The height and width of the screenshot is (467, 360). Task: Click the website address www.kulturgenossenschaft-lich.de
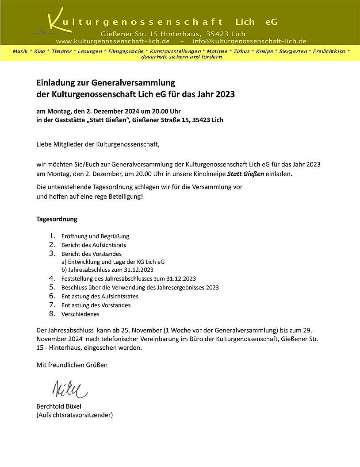[x=113, y=41]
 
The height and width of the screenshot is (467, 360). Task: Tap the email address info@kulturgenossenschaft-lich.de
[x=249, y=41]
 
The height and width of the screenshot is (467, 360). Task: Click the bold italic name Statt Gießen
[x=245, y=174]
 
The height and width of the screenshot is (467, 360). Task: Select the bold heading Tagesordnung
[x=57, y=219]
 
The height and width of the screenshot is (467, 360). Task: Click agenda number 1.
[x=53, y=236]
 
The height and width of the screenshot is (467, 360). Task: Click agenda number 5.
[x=53, y=287]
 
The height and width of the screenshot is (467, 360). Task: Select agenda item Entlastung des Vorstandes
[x=96, y=305]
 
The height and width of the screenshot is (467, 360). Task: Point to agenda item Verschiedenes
[x=80, y=314]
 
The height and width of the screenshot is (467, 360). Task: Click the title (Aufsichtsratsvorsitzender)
[x=74, y=415]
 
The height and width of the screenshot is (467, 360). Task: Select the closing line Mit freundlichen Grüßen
[x=72, y=365]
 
